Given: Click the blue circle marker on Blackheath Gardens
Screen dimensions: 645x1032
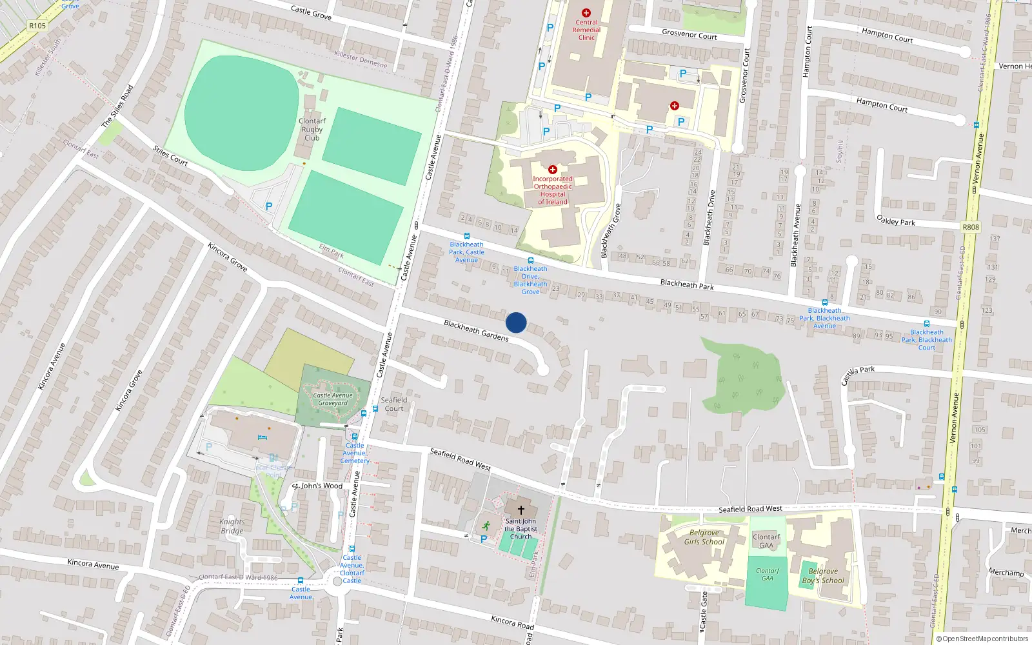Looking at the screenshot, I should [x=516, y=322].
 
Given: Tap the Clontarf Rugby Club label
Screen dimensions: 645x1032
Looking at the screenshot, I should [x=312, y=130].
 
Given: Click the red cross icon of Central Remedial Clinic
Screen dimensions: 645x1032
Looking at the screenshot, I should [x=586, y=13].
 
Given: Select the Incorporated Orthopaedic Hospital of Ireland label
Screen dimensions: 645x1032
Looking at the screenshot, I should [x=553, y=190].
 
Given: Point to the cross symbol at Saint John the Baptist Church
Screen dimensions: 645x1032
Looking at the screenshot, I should [x=521, y=510].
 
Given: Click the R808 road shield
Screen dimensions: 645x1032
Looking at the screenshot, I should [x=971, y=227].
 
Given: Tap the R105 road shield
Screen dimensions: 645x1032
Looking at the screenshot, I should [x=37, y=26].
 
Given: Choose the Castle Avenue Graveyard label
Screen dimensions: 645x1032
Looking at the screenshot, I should [x=333, y=399].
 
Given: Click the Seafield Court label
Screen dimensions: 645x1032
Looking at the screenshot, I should [x=394, y=404].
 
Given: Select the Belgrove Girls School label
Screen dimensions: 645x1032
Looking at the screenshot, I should [x=704, y=537].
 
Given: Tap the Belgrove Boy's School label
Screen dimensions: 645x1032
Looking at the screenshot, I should [x=823, y=576].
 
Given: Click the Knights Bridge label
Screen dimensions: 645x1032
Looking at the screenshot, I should [x=232, y=526].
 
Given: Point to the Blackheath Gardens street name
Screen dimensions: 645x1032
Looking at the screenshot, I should [x=476, y=330].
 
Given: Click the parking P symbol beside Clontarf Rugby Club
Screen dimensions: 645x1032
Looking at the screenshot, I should [x=269, y=206].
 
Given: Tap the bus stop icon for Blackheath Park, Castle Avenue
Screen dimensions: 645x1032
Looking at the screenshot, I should [x=467, y=236].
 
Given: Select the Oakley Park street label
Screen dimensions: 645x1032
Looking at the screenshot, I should [x=896, y=220].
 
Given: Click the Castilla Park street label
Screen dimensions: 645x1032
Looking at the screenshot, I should [x=858, y=374].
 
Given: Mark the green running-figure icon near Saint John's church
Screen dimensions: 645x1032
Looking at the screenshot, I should [x=486, y=526].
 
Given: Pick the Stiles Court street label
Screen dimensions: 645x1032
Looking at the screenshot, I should [x=170, y=155].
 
